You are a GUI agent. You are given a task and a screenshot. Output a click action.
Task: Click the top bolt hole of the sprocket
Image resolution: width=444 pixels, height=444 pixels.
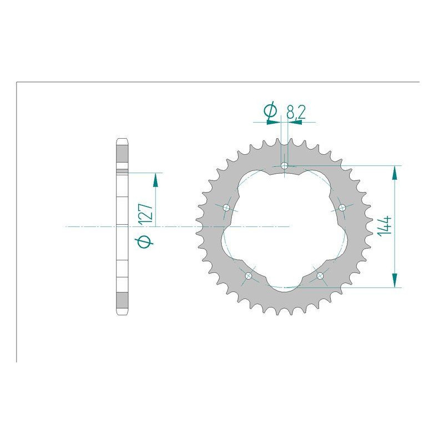pos(285,165)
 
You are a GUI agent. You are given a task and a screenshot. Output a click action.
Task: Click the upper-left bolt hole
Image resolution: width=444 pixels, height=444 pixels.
pos(226,208)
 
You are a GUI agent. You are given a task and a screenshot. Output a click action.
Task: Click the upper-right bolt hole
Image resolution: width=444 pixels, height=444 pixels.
pos(342,207)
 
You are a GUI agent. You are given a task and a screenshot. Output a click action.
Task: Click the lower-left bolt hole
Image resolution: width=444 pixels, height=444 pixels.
pos(249,276)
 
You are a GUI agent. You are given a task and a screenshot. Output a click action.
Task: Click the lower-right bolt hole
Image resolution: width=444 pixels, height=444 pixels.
pos(320,275)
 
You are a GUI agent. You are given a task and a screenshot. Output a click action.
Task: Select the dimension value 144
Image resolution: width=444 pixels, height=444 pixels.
pos(386,226)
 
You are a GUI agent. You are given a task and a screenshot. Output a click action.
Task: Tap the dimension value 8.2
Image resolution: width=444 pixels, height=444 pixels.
pos(296,113)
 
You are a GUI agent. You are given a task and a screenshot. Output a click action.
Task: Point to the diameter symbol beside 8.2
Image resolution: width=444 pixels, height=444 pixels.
pos(271,113)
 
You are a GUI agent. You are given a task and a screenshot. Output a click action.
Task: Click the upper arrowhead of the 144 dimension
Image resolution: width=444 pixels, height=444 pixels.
pos(395,172)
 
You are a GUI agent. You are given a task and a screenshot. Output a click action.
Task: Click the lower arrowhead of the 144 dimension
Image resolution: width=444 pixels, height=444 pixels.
pos(395,281)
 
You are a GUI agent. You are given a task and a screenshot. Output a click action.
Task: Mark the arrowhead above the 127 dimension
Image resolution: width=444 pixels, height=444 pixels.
pos(155,179)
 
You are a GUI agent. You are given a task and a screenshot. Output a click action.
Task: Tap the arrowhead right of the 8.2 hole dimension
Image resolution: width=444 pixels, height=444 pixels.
pos(294,122)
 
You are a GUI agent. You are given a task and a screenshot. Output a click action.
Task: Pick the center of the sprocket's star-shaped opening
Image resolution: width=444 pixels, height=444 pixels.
pos(284,227)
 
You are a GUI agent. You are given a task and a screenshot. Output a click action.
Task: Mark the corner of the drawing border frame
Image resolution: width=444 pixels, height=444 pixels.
pos(17,83)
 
